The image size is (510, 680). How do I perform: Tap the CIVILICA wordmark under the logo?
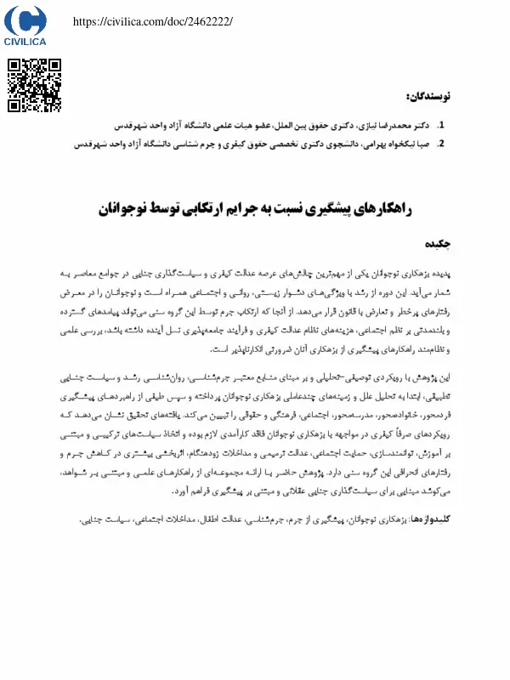coord(25,40)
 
